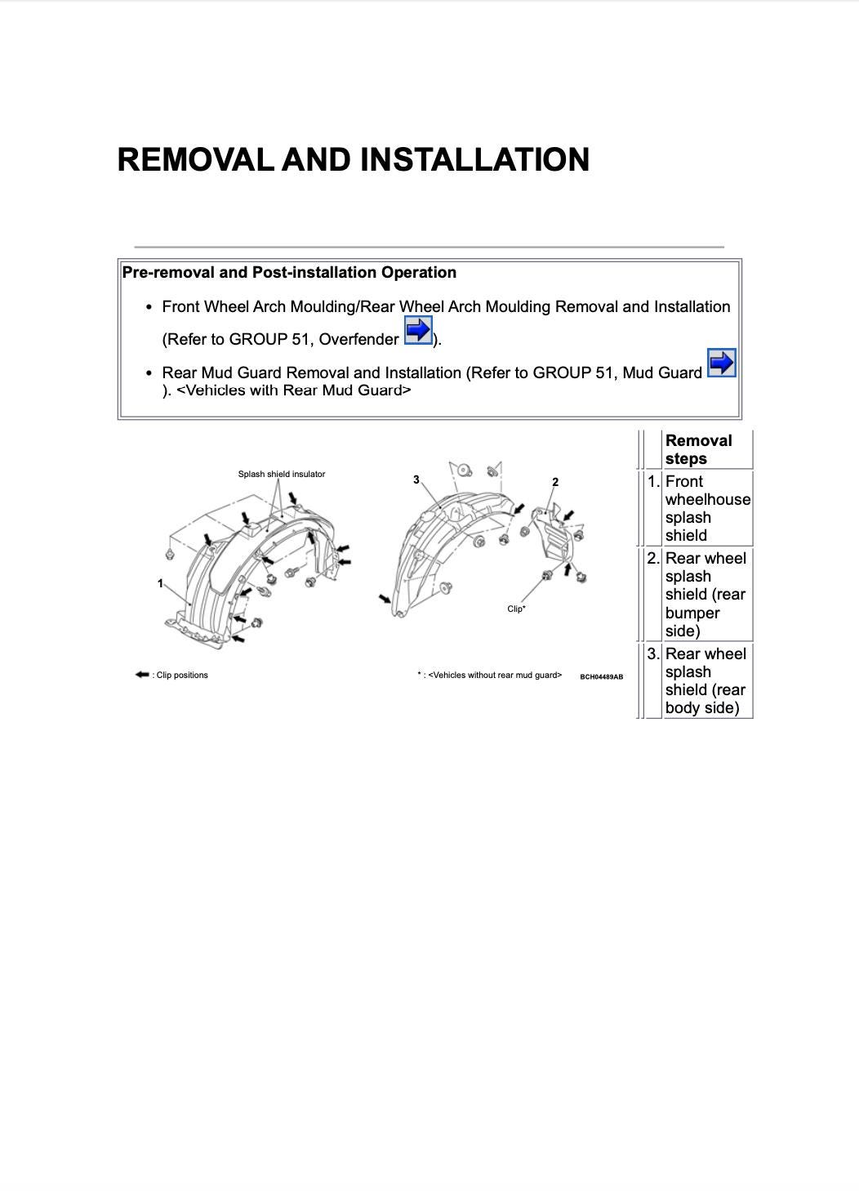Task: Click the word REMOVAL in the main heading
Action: pyautogui.click(x=195, y=159)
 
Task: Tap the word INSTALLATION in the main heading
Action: pyautogui.click(x=474, y=159)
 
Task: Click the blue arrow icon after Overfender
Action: pyautogui.click(x=418, y=331)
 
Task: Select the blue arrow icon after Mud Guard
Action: pyautogui.click(x=721, y=363)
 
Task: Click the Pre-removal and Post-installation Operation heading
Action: pyautogui.click(x=289, y=273)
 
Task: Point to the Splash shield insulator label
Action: pyautogui.click(x=281, y=474)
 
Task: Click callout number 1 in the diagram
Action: pyautogui.click(x=161, y=583)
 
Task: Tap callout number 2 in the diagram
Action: pyautogui.click(x=555, y=482)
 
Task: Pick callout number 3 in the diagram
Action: pyautogui.click(x=416, y=480)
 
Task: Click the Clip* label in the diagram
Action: pyautogui.click(x=516, y=609)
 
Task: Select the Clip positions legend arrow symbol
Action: pyautogui.click(x=142, y=675)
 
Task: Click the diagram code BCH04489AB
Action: pyautogui.click(x=602, y=676)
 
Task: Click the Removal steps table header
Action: pyautogui.click(x=698, y=449)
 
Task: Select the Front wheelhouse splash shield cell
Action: pyautogui.click(x=706, y=508)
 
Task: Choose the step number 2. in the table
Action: pyautogui.click(x=653, y=559)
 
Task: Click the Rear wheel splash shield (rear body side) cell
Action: pyautogui.click(x=705, y=680)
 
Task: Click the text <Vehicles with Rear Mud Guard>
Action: pyautogui.click(x=294, y=390)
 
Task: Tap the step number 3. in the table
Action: pyautogui.click(x=653, y=654)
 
